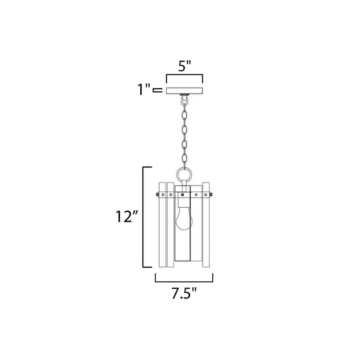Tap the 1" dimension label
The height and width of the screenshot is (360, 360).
pos(143,89)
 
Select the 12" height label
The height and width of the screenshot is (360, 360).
pos(127,216)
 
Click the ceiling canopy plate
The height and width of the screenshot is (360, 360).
pos(184,90)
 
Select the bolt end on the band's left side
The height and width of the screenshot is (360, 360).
pos(157,195)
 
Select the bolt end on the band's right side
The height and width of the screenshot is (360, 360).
pos(211,195)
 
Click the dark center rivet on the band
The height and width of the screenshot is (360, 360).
pos(182,195)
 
